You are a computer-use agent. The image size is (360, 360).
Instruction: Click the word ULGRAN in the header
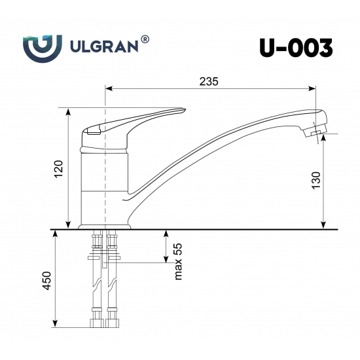click(103, 46)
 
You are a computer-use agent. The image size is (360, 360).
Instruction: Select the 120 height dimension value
click(58, 169)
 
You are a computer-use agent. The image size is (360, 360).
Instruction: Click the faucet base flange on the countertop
click(105, 226)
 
